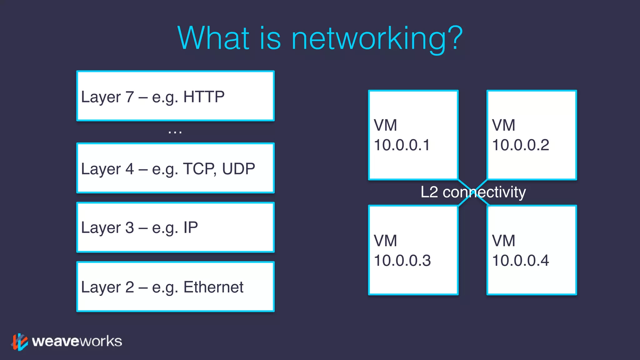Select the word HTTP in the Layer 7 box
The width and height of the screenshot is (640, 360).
(204, 97)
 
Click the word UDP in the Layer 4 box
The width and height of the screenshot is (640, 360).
(238, 169)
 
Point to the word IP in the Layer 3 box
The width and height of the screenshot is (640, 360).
(191, 227)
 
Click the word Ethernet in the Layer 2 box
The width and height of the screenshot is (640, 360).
(213, 287)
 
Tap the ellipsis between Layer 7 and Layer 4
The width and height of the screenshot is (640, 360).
(175, 132)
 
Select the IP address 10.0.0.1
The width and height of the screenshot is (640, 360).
(402, 145)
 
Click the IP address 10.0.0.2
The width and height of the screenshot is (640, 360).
(520, 145)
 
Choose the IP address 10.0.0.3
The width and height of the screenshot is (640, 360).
(402, 261)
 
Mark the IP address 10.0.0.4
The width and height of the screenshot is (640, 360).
(520, 261)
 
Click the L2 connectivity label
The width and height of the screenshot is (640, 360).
(473, 192)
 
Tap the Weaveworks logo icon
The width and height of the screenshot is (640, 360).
(19, 342)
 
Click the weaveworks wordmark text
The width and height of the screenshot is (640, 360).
(77, 341)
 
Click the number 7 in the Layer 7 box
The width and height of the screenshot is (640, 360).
(130, 97)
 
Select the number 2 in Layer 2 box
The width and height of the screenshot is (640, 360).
(130, 287)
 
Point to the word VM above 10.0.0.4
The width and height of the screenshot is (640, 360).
(503, 241)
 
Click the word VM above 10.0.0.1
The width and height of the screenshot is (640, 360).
(385, 126)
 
